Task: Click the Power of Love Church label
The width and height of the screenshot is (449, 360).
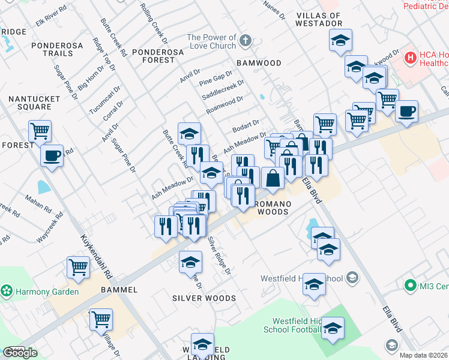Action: click(211, 41)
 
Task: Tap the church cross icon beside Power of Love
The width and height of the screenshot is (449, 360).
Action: click(244, 41)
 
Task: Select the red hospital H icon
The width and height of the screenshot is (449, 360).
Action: click(411, 58)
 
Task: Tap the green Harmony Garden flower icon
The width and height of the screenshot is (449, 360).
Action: click(7, 292)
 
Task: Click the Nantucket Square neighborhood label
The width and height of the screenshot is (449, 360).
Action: click(34, 103)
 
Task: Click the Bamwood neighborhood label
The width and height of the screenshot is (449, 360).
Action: click(259, 63)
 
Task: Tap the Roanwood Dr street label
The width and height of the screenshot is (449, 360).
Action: click(224, 106)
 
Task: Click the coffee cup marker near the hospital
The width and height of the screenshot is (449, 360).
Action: click(406, 112)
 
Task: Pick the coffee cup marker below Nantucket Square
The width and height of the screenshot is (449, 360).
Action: click(52, 157)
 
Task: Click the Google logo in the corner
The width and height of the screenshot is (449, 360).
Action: click(20, 353)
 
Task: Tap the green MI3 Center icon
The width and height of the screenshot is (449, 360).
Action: click(411, 285)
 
